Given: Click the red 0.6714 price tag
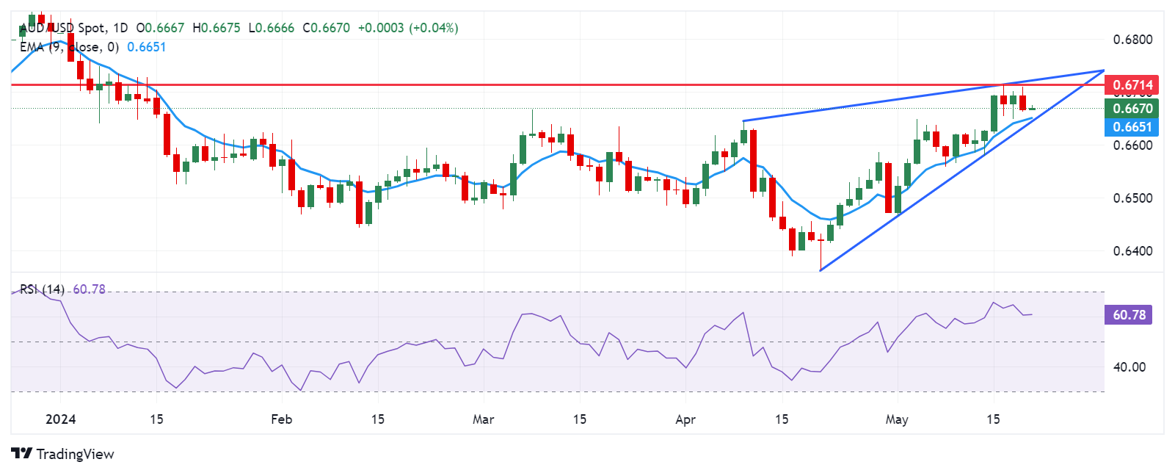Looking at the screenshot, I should click(1132, 85).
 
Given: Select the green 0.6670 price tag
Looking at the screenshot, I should click(1132, 109).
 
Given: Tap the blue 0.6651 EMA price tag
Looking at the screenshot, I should click(1132, 127).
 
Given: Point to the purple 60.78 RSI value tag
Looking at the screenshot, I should click(1129, 315).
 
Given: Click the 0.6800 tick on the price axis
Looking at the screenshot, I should click(1132, 40).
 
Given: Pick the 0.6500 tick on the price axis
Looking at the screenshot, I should click(1132, 198).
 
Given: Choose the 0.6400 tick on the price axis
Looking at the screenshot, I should click(1132, 251).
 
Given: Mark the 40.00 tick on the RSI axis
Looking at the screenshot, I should click(1129, 367).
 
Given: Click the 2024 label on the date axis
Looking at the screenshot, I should click(61, 419).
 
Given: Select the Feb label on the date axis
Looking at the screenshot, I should click(281, 419).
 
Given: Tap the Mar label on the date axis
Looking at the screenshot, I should click(483, 419).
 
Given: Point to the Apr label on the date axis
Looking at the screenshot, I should click(685, 419).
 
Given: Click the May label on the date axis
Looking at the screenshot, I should click(897, 419).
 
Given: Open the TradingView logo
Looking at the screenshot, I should click(62, 454).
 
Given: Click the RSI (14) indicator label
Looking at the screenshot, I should click(42, 289).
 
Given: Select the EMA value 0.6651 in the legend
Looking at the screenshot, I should click(147, 47).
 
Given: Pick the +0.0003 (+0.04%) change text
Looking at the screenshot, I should click(408, 28).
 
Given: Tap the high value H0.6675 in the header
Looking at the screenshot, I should click(217, 28).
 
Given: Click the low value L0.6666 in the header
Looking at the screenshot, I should click(272, 28).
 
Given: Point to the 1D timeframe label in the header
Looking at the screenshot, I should click(120, 28).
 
